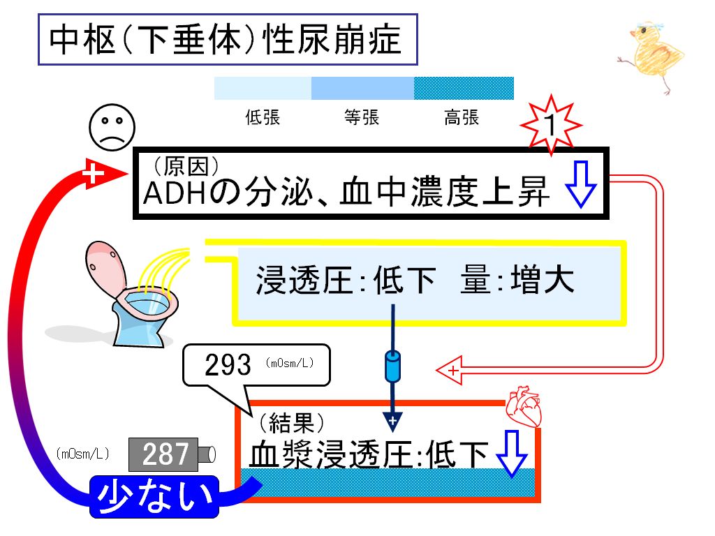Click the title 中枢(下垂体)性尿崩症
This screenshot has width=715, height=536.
(x=226, y=40)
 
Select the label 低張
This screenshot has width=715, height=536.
(x=263, y=117)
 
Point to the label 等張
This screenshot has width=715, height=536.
(x=362, y=117)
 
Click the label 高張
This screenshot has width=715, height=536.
(x=462, y=117)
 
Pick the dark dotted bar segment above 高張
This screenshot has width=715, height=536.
(x=464, y=88)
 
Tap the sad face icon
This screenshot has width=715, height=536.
(x=112, y=127)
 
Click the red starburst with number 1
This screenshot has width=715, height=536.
(x=551, y=124)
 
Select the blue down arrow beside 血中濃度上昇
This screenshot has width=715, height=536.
(x=580, y=184)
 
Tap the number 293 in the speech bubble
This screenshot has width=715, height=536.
(x=228, y=364)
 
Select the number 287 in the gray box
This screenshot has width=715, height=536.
(x=165, y=454)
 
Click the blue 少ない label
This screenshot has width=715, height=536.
(x=154, y=496)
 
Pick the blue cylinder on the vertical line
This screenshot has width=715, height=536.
(x=392, y=366)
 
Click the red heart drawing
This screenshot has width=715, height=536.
(x=524, y=406)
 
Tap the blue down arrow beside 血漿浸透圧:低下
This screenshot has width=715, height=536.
(x=511, y=453)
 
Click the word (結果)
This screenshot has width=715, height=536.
(x=292, y=422)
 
